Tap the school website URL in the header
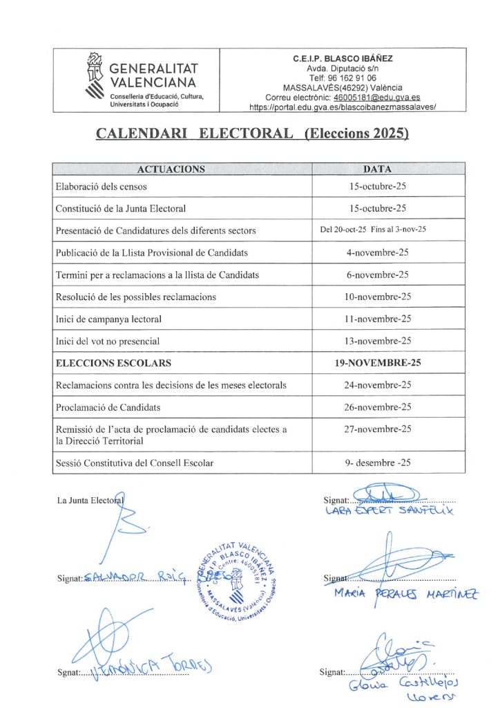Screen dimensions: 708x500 coord(343,107)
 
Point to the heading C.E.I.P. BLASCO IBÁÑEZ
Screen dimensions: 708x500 coord(343,59)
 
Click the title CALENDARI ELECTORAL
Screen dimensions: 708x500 coord(194,133)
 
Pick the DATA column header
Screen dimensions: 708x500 coord(377,169)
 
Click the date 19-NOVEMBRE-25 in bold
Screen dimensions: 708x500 coord(377,363)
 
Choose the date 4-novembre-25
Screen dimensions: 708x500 coord(377,252)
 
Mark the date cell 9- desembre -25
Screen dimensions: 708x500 coord(377,463)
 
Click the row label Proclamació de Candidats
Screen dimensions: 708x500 coord(108,407)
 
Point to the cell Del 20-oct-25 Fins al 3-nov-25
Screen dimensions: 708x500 coord(377,230)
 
